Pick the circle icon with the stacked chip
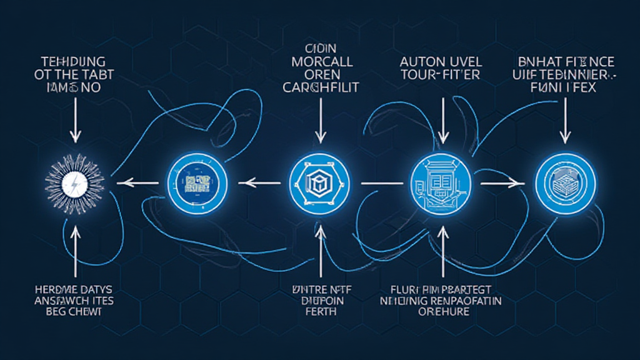[566, 183]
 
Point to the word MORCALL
[322, 62]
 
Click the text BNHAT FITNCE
[566, 62]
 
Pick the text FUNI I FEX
[566, 87]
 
